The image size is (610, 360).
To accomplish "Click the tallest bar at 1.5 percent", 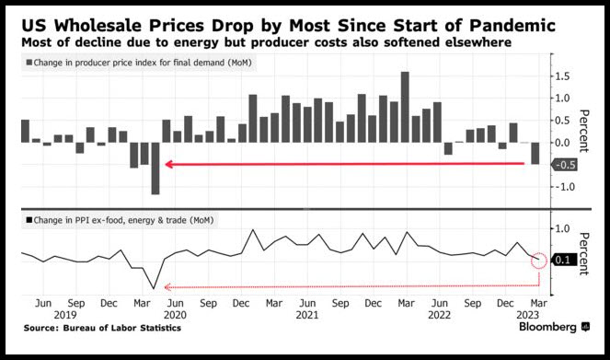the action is tap(405, 107).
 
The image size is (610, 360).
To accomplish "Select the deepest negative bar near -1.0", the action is tap(155, 168).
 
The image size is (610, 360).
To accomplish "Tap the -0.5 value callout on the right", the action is tap(564, 165).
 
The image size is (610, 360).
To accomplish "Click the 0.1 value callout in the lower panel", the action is tap(562, 260).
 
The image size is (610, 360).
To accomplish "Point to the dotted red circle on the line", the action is tap(539, 252).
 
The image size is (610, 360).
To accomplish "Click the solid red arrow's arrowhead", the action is tap(168, 164).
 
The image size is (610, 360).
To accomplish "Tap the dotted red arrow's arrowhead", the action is tap(167, 287).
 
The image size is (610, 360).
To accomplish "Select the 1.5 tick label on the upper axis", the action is tap(562, 76).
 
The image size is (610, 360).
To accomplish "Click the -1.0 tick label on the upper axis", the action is tap(565, 187).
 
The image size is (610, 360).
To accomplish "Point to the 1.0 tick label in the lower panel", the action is tap(562, 228).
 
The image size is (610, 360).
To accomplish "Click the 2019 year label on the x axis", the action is tap(65, 315).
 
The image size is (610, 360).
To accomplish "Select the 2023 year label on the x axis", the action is tap(527, 315).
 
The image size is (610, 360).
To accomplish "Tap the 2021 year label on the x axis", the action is tap(307, 315).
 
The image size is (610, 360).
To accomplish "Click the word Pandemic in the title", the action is tap(512, 26).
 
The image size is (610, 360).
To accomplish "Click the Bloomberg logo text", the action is tap(547, 327).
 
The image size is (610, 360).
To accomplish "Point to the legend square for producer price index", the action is tap(29, 63).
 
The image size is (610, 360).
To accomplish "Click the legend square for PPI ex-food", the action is tap(29, 220).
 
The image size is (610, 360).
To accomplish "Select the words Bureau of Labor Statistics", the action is tap(122, 328).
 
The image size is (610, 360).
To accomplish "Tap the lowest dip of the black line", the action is tap(154, 288).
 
